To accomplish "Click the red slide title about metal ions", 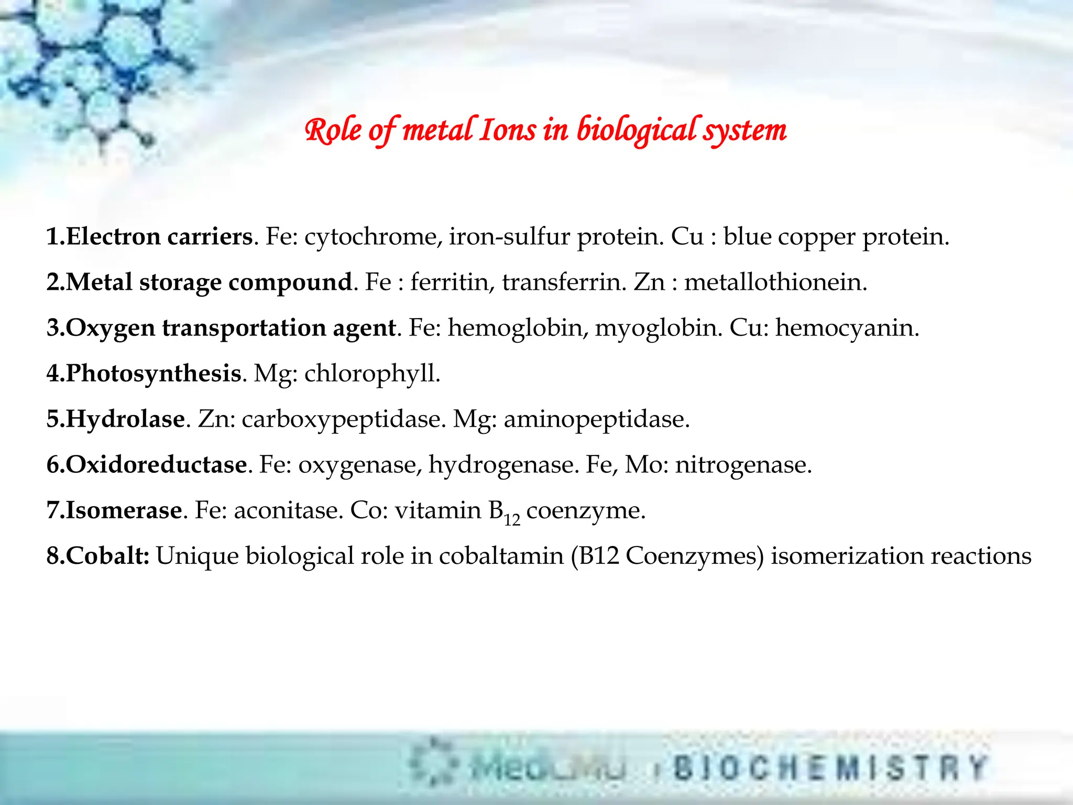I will click(x=545, y=130).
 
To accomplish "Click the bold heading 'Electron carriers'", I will click(x=160, y=237).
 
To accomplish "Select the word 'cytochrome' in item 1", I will click(x=370, y=237).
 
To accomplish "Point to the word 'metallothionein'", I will click(x=775, y=282).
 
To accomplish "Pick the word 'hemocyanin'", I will click(x=847, y=328).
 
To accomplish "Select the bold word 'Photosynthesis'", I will click(x=154, y=374).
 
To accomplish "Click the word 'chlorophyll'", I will click(x=371, y=374).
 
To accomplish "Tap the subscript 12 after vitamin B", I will click(x=512, y=519).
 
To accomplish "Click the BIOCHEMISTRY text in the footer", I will click(x=829, y=768).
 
